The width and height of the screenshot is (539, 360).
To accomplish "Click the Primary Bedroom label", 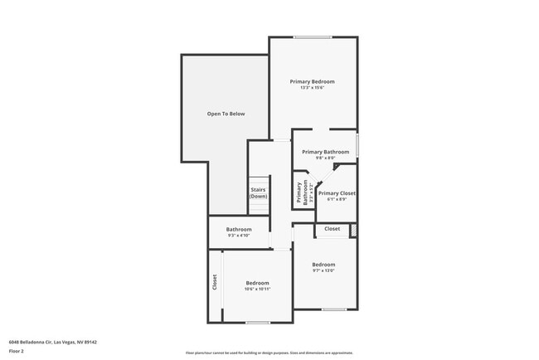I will tap(312, 81).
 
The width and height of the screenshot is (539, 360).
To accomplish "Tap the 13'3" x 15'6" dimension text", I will tap(312, 88).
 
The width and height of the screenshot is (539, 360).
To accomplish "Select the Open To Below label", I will tap(226, 114).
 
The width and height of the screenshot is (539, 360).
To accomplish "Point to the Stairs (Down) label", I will tap(259, 193).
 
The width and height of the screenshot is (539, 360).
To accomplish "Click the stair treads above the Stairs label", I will tap(260, 182).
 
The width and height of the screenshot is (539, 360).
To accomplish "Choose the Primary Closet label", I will tap(337, 193).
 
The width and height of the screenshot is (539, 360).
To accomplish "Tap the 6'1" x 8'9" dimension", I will tap(337, 199).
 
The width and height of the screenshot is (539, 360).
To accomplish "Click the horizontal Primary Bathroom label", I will tap(325, 152).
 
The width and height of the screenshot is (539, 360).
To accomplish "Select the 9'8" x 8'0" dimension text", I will tap(325, 158).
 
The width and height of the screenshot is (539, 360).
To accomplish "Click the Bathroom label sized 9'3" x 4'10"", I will tap(239, 229).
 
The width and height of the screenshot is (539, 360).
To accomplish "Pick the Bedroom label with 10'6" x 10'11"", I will tap(257, 283).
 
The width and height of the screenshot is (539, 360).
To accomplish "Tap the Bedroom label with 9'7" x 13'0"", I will tap(323, 265).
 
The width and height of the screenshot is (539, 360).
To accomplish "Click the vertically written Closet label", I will tap(214, 282).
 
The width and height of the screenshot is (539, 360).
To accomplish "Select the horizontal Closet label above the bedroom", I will tap(332, 228).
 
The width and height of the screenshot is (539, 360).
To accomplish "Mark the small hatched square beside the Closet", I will tap(353, 229).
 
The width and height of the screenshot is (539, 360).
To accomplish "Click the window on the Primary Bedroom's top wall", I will tap(313, 36).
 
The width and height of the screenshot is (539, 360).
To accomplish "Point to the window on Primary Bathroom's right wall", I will tap(357, 144).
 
